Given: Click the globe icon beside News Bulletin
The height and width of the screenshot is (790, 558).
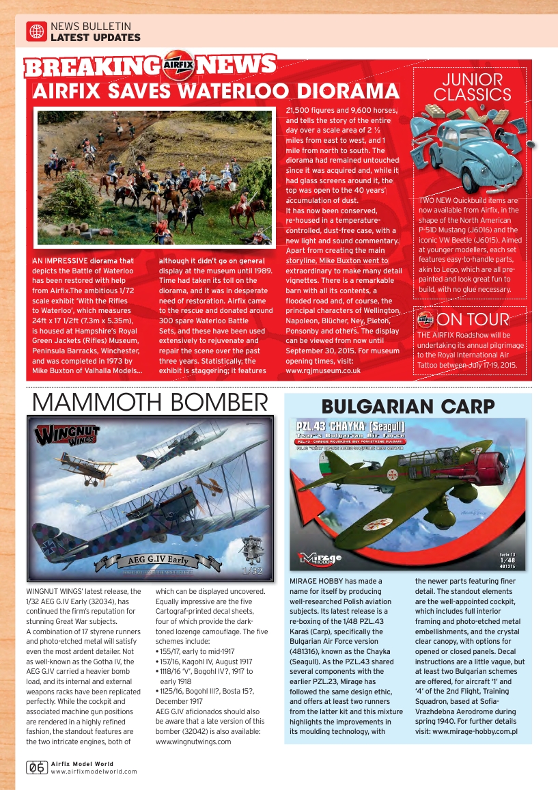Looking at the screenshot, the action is [x=36, y=31].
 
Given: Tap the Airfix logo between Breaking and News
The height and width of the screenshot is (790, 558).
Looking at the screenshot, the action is [x=180, y=66].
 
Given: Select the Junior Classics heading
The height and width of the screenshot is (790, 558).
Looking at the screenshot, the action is [x=472, y=87].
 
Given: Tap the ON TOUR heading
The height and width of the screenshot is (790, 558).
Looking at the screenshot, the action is [x=473, y=319].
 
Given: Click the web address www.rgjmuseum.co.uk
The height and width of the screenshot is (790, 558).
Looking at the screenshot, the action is [x=323, y=370].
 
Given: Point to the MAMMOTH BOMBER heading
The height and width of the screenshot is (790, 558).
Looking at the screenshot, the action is [x=150, y=403].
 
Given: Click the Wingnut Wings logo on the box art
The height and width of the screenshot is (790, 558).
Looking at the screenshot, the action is [x=67, y=435].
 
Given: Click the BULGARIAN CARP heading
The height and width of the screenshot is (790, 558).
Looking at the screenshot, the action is [x=408, y=407].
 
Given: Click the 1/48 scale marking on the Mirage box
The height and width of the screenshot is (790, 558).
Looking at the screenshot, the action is [x=507, y=560].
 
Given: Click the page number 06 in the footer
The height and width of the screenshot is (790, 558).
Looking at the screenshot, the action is [x=37, y=767].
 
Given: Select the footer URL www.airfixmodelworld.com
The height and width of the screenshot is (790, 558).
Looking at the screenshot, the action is [x=94, y=772].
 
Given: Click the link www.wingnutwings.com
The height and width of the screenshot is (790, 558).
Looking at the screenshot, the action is [x=193, y=741].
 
